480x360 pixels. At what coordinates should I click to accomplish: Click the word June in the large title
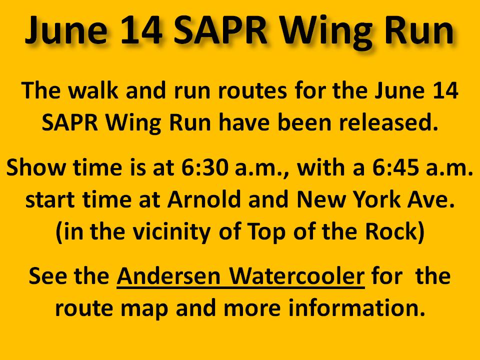coord(66,30)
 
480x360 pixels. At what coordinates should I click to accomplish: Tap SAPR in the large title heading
coord(220,30)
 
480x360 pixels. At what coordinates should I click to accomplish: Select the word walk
coord(93,90)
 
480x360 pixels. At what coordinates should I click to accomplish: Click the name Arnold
coord(204,199)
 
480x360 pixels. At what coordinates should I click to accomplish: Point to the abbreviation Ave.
coord(431,199)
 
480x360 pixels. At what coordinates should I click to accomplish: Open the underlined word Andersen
coord(168,276)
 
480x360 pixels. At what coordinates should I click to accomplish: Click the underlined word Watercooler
coord(297,276)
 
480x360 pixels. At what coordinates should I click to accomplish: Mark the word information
coord(356,307)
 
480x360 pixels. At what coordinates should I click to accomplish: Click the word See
coord(47,276)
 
